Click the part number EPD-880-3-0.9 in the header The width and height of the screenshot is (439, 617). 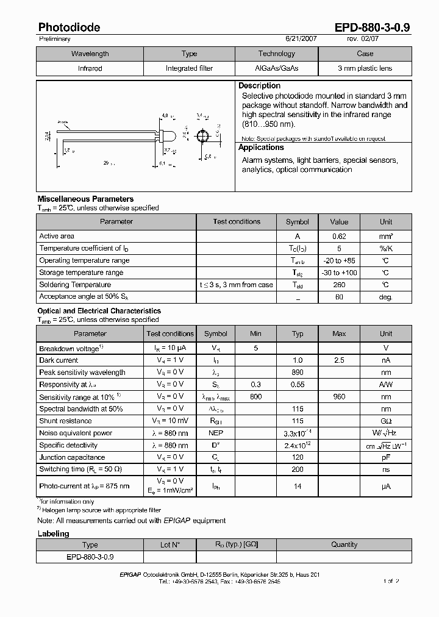pyautogui.click(x=373, y=27)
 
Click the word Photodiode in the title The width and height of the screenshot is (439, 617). pyautogui.click(x=70, y=27)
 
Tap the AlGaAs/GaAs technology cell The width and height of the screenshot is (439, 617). pyautogui.click(x=276, y=69)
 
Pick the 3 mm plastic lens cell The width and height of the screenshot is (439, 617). pyautogui.click(x=365, y=69)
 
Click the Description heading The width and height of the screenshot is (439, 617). pyautogui.click(x=259, y=86)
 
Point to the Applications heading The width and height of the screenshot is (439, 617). pyautogui.click(x=261, y=148)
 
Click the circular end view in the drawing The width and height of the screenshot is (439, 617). pyautogui.click(x=204, y=135)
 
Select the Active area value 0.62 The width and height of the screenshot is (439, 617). pyautogui.click(x=339, y=236)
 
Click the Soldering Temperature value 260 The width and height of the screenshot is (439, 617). pyautogui.click(x=339, y=285)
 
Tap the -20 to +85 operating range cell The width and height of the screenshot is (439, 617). pyautogui.click(x=339, y=260)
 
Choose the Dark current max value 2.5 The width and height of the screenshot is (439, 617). pyautogui.click(x=339, y=360)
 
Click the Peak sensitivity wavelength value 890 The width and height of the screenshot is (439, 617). pyautogui.click(x=298, y=373)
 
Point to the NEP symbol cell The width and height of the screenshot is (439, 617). pyautogui.click(x=216, y=433)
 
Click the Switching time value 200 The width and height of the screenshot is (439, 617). pyautogui.click(x=298, y=469)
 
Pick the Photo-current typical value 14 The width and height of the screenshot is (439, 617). pyautogui.click(x=298, y=487)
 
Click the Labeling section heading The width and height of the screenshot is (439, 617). pyautogui.click(x=54, y=533)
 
